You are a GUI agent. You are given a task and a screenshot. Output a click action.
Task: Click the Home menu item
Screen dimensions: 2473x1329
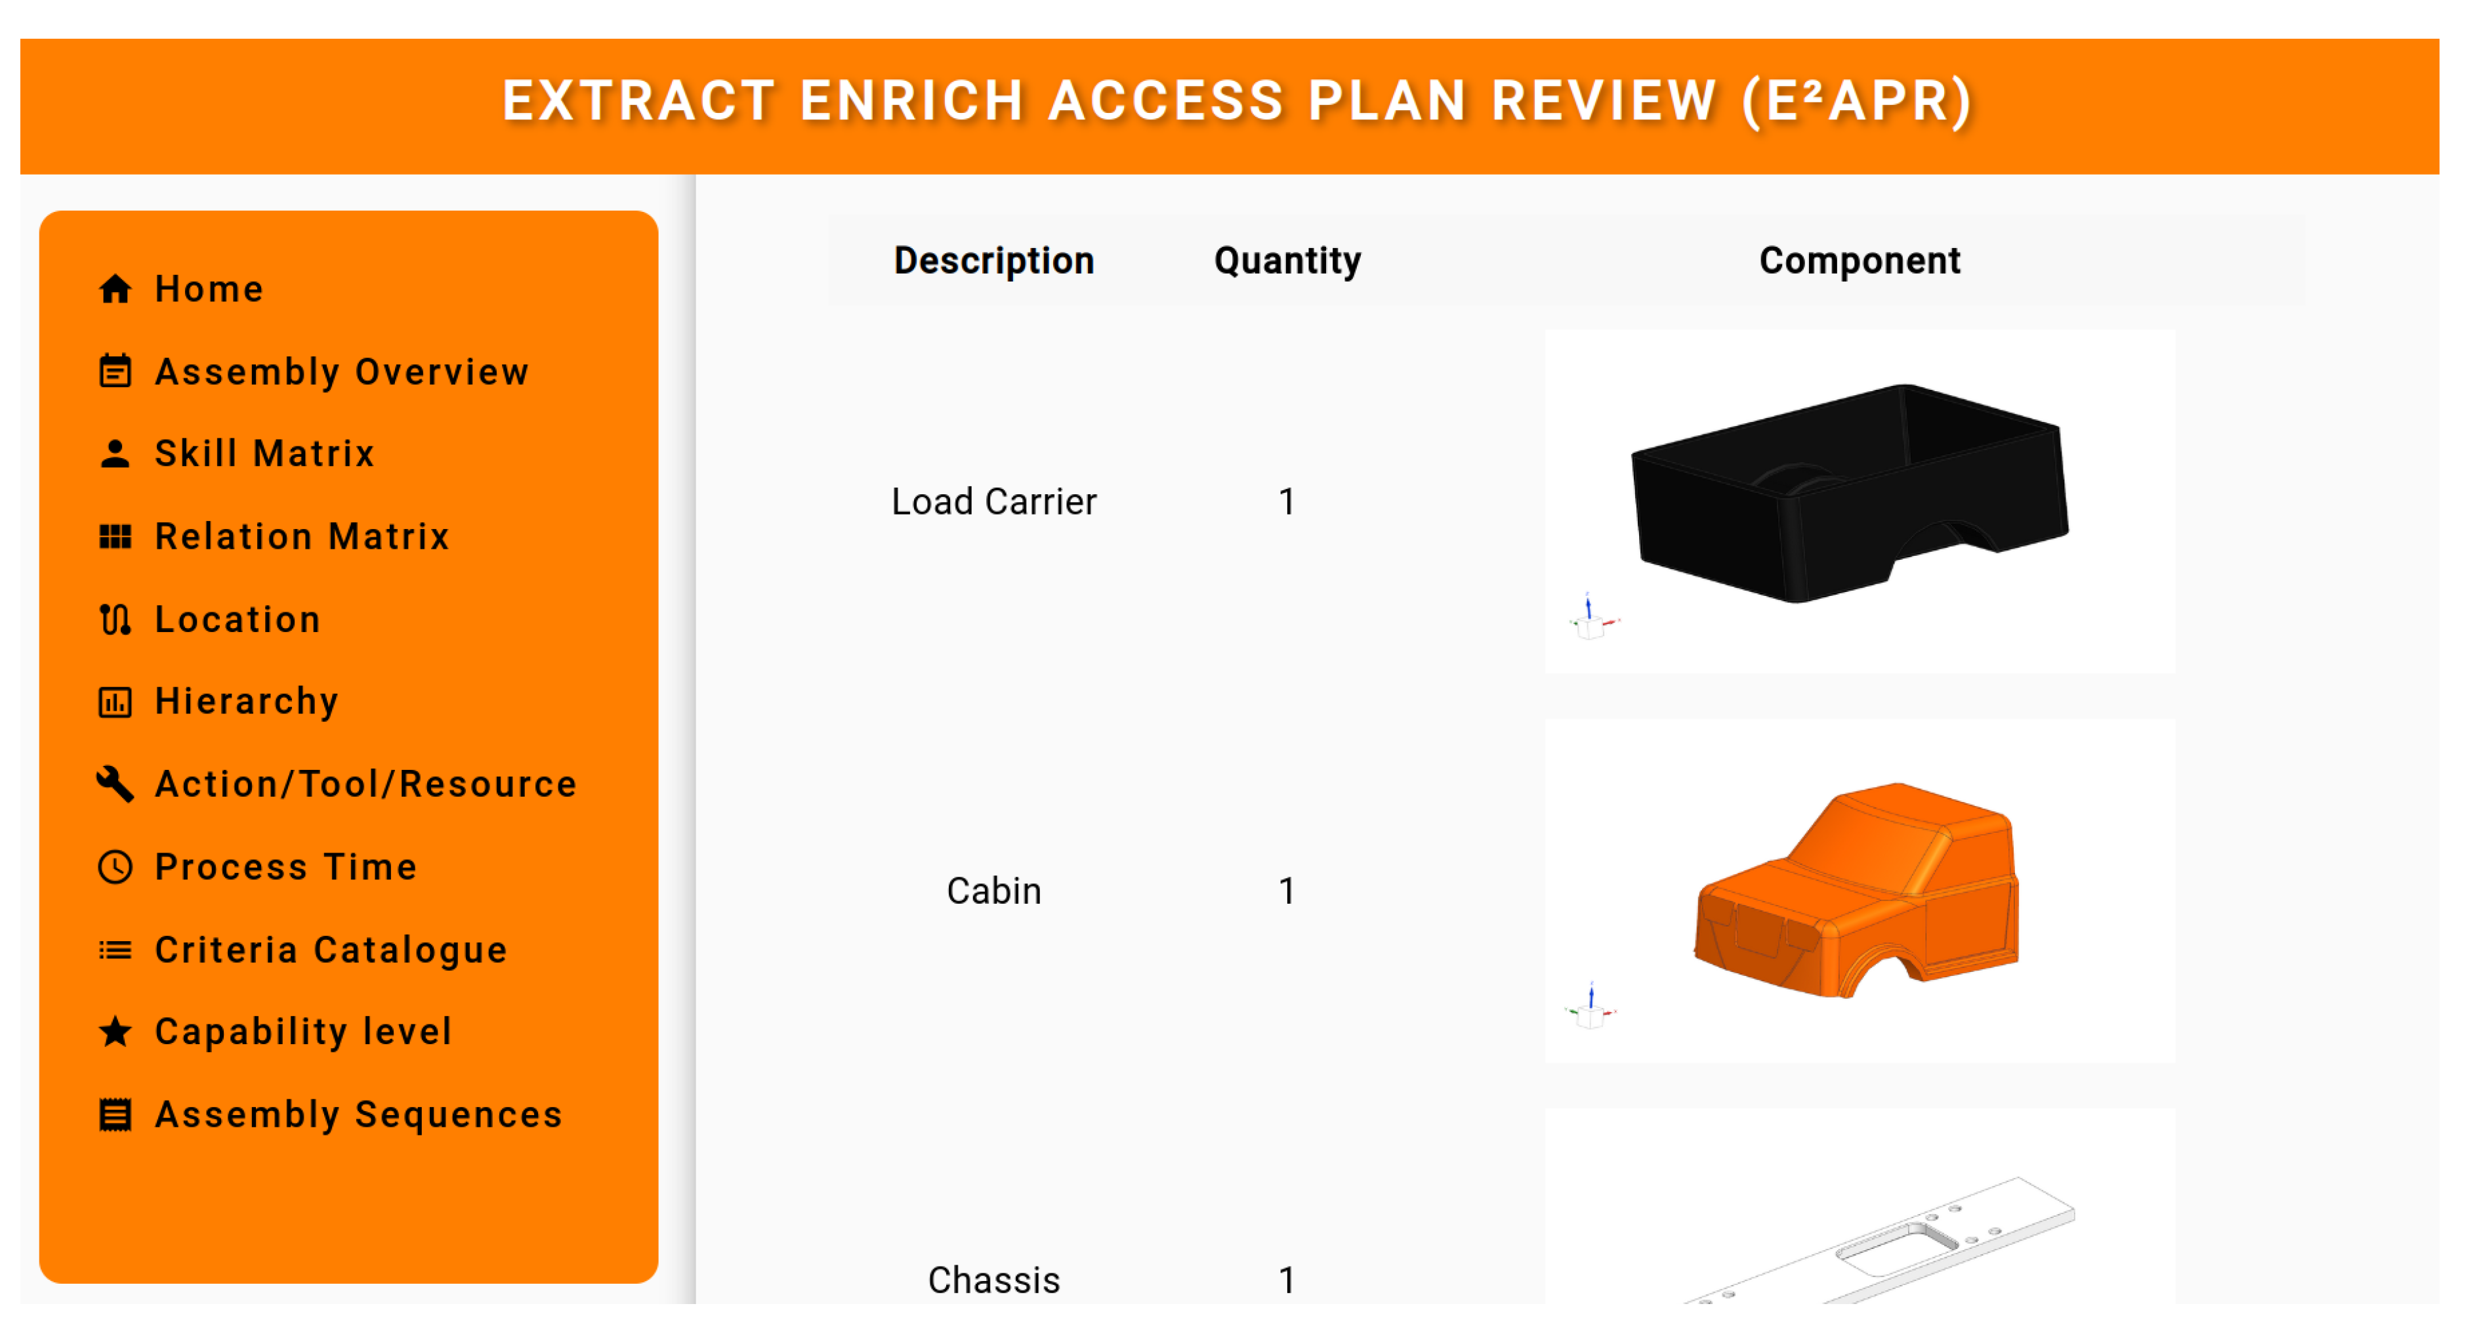tap(180, 289)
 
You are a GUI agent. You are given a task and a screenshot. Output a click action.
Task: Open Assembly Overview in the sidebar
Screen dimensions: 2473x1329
tap(313, 371)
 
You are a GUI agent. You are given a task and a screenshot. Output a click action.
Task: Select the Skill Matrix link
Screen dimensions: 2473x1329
tap(236, 454)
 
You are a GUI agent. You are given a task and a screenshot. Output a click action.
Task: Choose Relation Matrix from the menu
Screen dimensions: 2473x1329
tap(274, 536)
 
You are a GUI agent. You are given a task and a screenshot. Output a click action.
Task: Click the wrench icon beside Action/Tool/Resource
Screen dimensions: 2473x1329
tap(115, 784)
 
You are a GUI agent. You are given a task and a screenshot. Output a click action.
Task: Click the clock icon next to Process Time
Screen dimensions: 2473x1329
tap(115, 867)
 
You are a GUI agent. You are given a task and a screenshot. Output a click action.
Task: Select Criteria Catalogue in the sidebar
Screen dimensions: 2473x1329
tap(302, 950)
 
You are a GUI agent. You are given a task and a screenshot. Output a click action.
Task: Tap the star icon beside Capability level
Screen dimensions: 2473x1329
tap(115, 1032)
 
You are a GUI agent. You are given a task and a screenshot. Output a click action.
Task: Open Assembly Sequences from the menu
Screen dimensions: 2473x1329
tap(330, 1115)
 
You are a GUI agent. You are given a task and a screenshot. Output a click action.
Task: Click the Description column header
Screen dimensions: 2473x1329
tap(993, 261)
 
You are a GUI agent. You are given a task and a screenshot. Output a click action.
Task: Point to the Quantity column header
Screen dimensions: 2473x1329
tap(1287, 261)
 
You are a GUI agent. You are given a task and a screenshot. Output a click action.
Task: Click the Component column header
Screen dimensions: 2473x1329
tap(1860, 261)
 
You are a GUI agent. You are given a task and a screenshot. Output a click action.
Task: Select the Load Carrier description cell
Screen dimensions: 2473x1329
tap(993, 501)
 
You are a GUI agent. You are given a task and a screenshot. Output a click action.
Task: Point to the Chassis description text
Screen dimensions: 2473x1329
tap(993, 1280)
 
